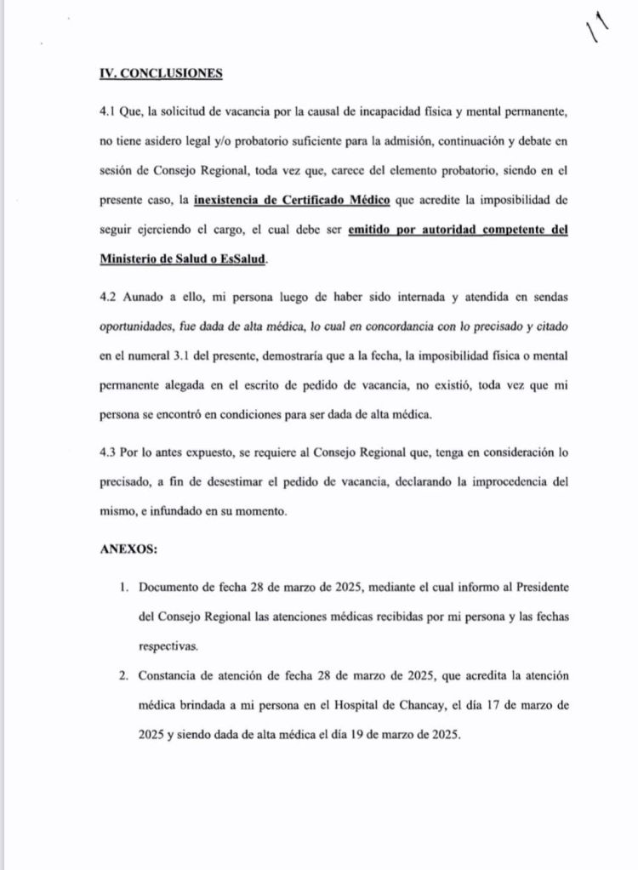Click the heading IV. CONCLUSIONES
161,73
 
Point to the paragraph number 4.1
110,111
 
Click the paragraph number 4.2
111,299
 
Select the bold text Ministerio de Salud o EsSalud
182,259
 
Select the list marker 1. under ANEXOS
124,587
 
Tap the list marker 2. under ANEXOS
124,676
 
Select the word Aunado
148,299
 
